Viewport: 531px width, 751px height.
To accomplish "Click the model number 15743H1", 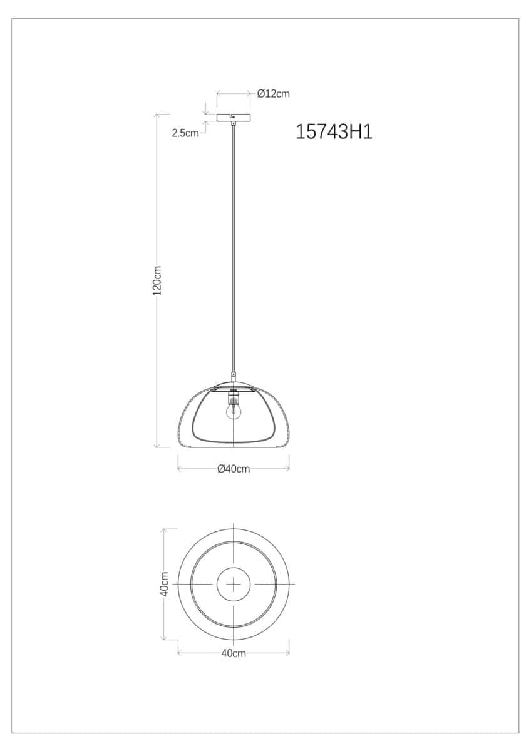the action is pyautogui.click(x=334, y=132).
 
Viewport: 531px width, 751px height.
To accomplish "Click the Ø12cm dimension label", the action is pyautogui.click(x=274, y=94).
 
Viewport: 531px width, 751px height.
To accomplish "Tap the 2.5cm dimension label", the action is pyautogui.click(x=185, y=133).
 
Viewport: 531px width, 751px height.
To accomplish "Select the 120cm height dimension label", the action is pyautogui.click(x=157, y=280).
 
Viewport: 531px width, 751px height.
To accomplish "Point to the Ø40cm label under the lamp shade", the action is pyautogui.click(x=234, y=469).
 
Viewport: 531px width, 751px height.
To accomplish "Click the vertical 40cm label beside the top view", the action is pyautogui.click(x=164, y=584).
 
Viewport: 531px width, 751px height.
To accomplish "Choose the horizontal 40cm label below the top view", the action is pyautogui.click(x=234, y=653).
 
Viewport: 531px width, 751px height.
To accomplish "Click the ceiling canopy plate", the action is pyautogui.click(x=234, y=118).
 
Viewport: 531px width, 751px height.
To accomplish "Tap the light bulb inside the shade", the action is pyautogui.click(x=234, y=412).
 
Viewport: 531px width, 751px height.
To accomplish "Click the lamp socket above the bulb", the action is pyautogui.click(x=234, y=398).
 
